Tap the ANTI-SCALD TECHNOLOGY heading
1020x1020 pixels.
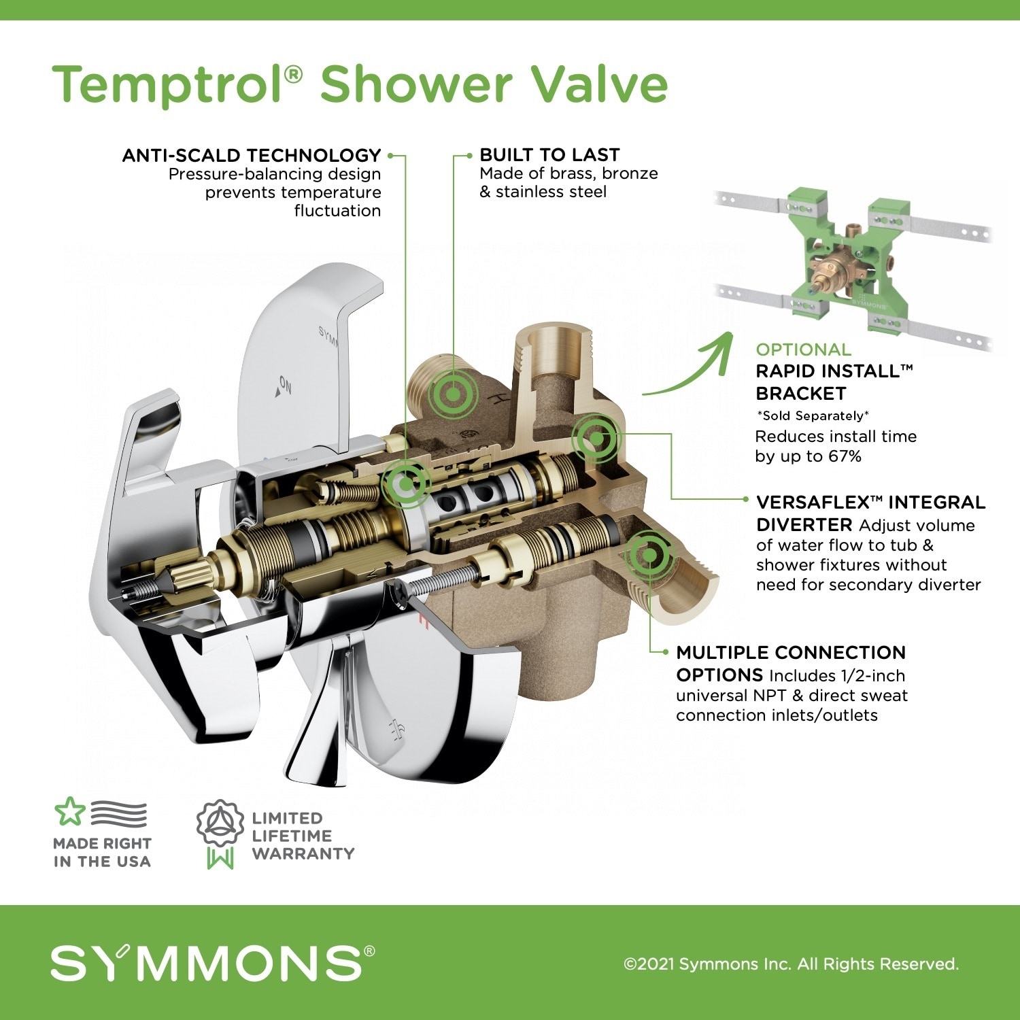[252, 156]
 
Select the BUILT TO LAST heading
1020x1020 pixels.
[549, 155]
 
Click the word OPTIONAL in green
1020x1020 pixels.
[803, 350]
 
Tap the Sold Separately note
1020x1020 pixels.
[813, 415]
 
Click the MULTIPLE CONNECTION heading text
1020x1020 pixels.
[791, 653]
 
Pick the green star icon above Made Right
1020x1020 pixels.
[69, 811]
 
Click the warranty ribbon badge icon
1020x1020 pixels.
[220, 833]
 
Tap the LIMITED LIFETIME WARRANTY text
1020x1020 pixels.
[303, 836]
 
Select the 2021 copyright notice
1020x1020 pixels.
[791, 964]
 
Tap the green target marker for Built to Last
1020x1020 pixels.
[451, 393]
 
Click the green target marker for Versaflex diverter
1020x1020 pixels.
[595, 439]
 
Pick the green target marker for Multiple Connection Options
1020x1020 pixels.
[649, 555]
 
